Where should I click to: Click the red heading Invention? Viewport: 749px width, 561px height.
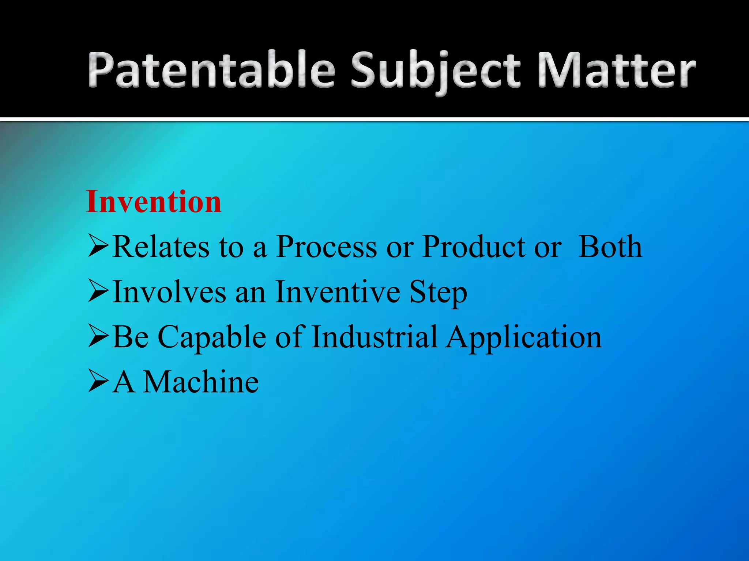pyautogui.click(x=154, y=202)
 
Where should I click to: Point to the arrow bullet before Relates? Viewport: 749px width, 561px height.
pyautogui.click(x=98, y=247)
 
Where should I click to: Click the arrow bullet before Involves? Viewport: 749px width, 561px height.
pyautogui.click(x=98, y=292)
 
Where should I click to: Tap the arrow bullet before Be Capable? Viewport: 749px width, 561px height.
pyautogui.click(x=98, y=337)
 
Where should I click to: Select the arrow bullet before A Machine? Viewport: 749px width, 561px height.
pyautogui.click(x=98, y=382)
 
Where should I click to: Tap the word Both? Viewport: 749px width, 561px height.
pyautogui.click(x=610, y=247)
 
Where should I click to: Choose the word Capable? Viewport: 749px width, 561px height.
pyautogui.click(x=212, y=337)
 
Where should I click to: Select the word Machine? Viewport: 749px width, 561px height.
pyautogui.click(x=201, y=382)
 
